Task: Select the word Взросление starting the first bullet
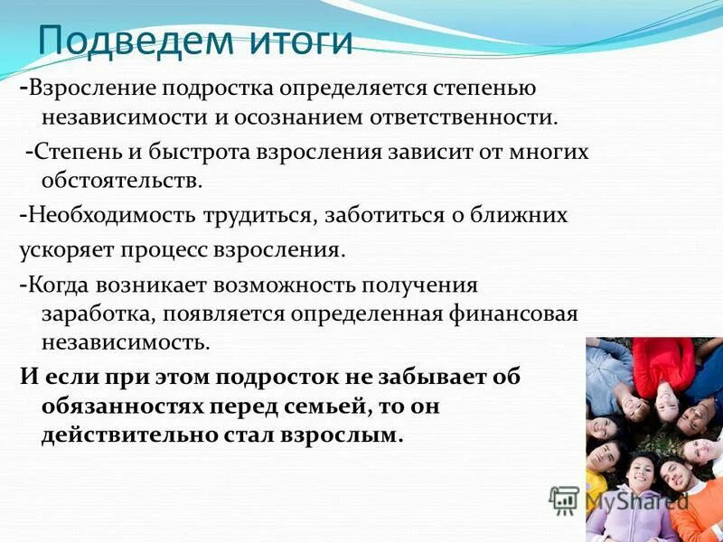(90, 89)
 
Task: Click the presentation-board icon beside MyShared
(565, 500)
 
